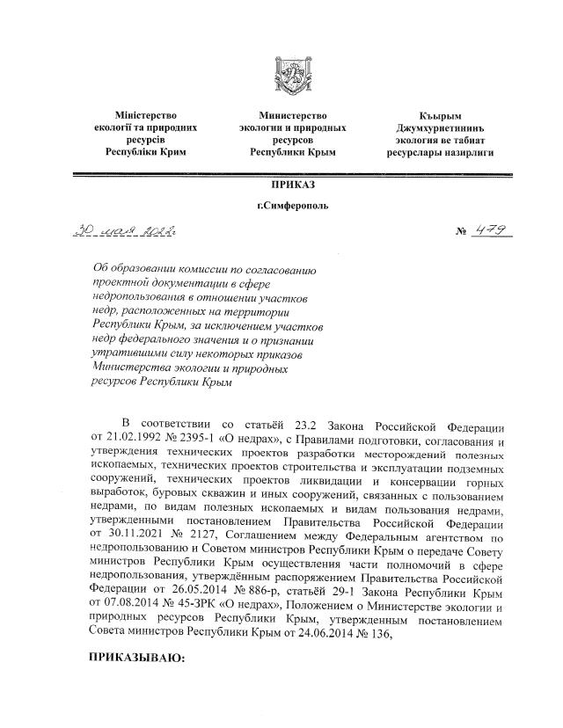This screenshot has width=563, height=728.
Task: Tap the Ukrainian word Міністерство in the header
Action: (x=146, y=115)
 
